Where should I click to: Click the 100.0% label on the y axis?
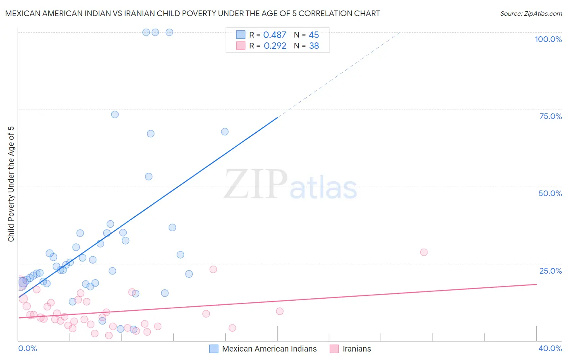[548, 39]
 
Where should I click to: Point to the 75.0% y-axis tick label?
[550, 116]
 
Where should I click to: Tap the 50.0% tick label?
[550, 193]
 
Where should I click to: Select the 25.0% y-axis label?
[550, 271]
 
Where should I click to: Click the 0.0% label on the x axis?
[27, 348]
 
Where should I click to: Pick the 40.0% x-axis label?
[550, 348]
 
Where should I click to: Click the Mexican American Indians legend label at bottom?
[269, 349]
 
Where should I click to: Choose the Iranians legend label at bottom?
[356, 349]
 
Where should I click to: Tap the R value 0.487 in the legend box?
[275, 35]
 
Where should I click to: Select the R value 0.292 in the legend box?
[275, 46]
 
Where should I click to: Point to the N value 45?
[314, 35]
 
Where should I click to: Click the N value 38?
[314, 46]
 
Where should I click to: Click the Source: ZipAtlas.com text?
[531, 14]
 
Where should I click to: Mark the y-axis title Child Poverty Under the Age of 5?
[11, 184]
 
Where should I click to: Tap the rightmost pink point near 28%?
[423, 252]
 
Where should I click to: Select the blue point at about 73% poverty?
[115, 115]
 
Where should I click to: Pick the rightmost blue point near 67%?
[225, 132]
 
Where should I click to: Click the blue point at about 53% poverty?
[148, 176]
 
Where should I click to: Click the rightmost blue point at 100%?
[169, 32]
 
